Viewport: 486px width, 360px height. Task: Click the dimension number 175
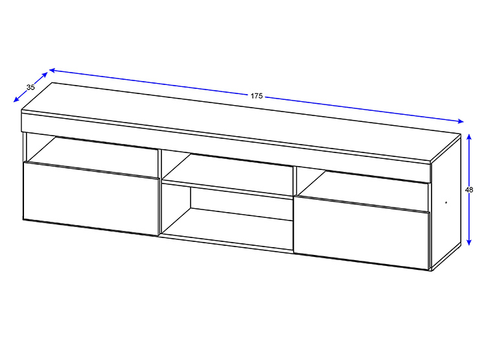click(257, 96)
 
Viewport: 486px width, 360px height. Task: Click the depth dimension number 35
click(30, 87)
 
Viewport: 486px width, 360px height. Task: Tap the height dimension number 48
click(469, 189)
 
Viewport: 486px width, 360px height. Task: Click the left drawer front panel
click(91, 198)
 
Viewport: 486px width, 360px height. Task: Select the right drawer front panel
click(362, 232)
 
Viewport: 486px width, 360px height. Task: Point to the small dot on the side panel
click(446, 202)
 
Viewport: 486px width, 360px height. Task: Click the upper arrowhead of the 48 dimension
click(469, 137)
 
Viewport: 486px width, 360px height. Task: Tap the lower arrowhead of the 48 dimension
click(469, 242)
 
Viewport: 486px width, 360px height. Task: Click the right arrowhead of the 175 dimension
click(460, 121)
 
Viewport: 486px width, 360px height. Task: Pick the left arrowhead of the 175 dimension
click(52, 71)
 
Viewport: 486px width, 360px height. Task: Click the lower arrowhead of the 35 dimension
click(16, 99)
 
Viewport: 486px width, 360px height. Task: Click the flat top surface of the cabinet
click(241, 122)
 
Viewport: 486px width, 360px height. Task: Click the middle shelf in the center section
click(227, 188)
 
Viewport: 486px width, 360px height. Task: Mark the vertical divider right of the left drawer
click(159, 192)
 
